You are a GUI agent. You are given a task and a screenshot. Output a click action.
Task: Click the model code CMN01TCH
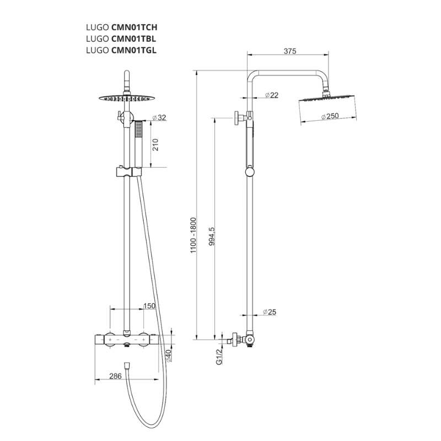pyautogui.click(x=134, y=27)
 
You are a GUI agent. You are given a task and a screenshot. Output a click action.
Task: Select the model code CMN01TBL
pyautogui.click(x=133, y=39)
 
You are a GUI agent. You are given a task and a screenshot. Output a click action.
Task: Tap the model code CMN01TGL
pyautogui.click(x=134, y=50)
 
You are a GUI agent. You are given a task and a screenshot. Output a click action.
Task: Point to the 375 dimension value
pyautogui.click(x=290, y=51)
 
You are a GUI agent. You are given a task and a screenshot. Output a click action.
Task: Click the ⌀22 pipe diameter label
pyautogui.click(x=271, y=95)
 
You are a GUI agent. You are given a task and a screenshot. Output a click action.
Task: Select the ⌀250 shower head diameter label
pyautogui.click(x=330, y=116)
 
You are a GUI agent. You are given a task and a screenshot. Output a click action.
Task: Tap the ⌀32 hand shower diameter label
pyautogui.click(x=159, y=117)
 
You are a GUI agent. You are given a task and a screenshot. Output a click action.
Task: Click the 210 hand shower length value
pyautogui.click(x=155, y=144)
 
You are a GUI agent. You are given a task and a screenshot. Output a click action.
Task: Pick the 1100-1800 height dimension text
pyautogui.click(x=193, y=235)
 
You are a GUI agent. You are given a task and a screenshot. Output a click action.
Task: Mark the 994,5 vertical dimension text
pyautogui.click(x=212, y=236)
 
